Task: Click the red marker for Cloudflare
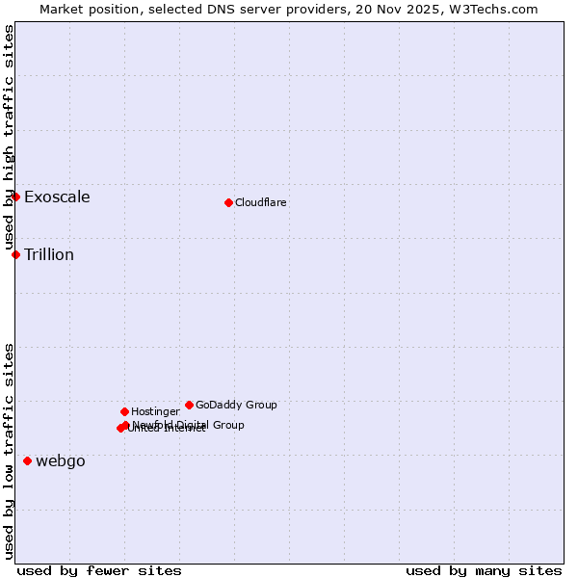(228, 202)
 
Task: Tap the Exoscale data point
(15, 197)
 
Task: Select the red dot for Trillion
(15, 254)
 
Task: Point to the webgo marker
(27, 460)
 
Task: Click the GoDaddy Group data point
(189, 405)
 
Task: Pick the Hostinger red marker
(124, 411)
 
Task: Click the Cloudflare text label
(261, 202)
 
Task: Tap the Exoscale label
(57, 197)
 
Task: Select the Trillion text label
(49, 255)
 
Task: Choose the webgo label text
(61, 461)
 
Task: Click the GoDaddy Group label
(236, 405)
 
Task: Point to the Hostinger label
(155, 411)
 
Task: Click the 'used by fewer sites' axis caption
(99, 570)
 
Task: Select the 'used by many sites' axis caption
(484, 570)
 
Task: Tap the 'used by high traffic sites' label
(9, 138)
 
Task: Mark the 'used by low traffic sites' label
(9, 451)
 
